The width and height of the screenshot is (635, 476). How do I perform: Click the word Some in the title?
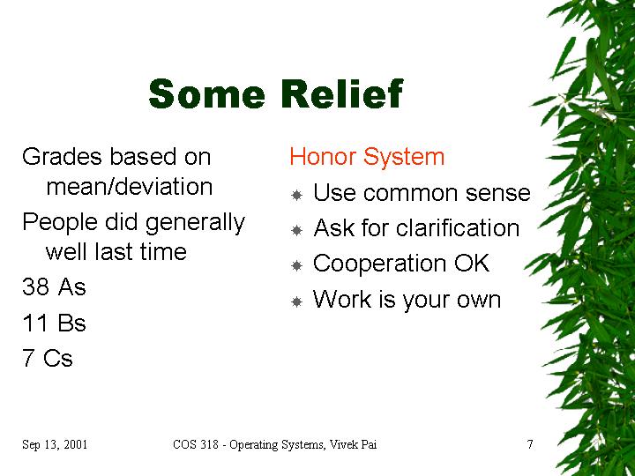[x=207, y=94]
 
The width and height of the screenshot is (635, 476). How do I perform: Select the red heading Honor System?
[x=367, y=157]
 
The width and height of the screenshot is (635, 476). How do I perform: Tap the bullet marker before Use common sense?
[x=297, y=195]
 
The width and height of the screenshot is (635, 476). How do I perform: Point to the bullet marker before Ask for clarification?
[x=297, y=230]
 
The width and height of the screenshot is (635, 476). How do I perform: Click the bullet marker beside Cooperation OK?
[x=297, y=266]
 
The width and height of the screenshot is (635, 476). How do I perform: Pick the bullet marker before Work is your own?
[x=297, y=301]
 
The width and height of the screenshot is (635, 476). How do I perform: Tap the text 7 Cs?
[x=48, y=358]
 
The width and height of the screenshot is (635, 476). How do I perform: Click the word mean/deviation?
[x=130, y=187]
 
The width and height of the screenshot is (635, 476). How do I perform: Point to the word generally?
[x=195, y=223]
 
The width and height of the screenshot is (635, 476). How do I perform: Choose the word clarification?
[x=458, y=227]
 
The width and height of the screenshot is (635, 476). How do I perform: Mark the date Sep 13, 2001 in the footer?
[x=55, y=444]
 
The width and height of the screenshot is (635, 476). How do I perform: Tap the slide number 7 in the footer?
[x=530, y=444]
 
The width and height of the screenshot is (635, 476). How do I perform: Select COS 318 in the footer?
[x=196, y=444]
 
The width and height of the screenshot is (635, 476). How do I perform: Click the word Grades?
[x=62, y=157]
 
